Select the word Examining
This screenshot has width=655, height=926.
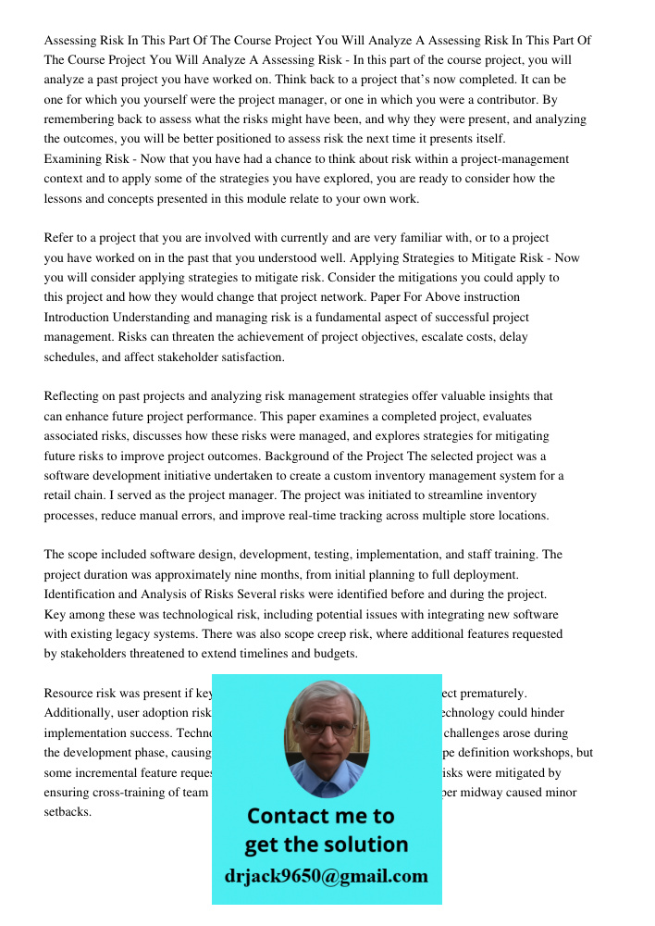75,159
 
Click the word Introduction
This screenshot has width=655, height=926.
80,317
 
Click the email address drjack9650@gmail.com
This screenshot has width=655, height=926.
327,876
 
